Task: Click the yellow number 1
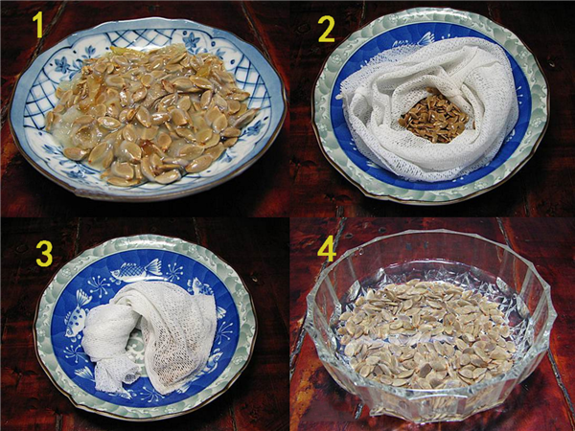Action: tap(37, 25)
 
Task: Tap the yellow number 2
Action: tap(326, 30)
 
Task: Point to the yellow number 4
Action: tap(327, 250)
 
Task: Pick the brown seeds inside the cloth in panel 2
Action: tap(434, 116)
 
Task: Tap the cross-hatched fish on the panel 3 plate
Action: tap(136, 271)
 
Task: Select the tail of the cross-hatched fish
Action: tap(154, 266)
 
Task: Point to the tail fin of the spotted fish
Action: tap(84, 297)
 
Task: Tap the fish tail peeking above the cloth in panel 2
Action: tap(425, 39)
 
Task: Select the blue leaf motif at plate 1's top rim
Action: tap(191, 40)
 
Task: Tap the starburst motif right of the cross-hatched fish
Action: tap(174, 272)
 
